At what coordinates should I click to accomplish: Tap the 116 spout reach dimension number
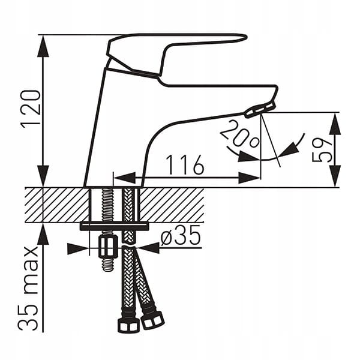click(x=185, y=164)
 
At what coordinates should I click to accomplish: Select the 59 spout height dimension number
click(x=322, y=151)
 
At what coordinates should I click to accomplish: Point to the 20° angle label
click(x=239, y=134)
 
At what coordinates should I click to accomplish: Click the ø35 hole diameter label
click(x=180, y=236)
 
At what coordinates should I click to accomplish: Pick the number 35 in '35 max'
click(x=28, y=317)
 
